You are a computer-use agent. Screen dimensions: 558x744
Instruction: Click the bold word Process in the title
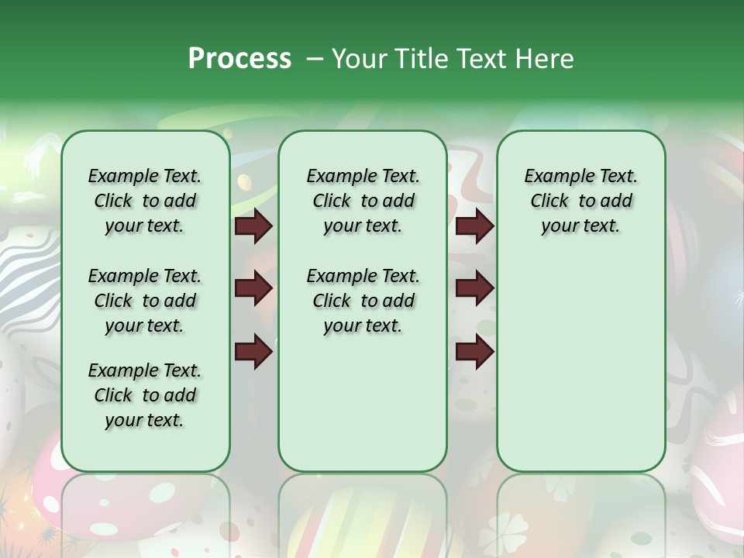pyautogui.click(x=239, y=59)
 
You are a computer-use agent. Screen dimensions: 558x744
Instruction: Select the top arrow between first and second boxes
pyautogui.click(x=253, y=226)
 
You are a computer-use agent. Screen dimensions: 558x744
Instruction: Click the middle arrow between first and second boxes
pyautogui.click(x=253, y=288)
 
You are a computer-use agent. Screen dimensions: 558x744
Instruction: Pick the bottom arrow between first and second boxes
pyautogui.click(x=253, y=352)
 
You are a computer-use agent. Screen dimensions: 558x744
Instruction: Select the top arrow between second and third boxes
pyautogui.click(x=474, y=226)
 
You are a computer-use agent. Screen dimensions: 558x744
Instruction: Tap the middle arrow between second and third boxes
pyautogui.click(x=474, y=288)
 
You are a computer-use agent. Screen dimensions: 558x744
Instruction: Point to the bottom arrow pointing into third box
pyautogui.click(x=474, y=352)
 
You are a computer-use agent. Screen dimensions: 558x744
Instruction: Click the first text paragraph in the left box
pyautogui.click(x=145, y=201)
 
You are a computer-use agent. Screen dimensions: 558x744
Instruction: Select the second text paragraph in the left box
pyautogui.click(x=145, y=301)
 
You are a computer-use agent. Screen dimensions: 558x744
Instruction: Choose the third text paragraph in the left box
pyautogui.click(x=145, y=395)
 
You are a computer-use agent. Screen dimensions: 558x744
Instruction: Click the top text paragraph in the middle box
pyautogui.click(x=363, y=201)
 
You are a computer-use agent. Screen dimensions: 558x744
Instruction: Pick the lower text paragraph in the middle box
pyautogui.click(x=363, y=301)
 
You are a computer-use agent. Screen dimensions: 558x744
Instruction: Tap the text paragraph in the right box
pyautogui.click(x=580, y=201)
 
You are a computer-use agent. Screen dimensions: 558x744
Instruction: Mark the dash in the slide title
pyautogui.click(x=315, y=59)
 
